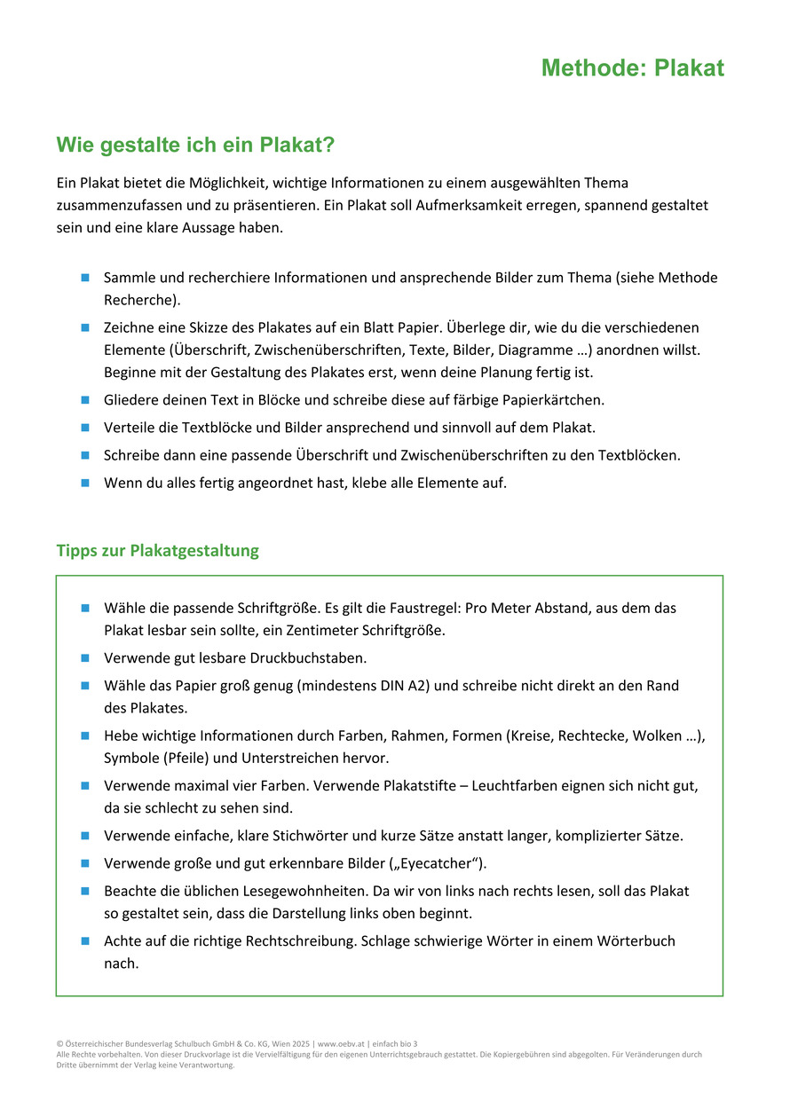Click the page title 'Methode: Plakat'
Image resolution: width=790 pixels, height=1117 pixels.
coord(632,68)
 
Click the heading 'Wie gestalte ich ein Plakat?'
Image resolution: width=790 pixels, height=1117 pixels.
coord(194,145)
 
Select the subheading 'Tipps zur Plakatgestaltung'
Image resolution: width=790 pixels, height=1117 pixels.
coord(157,550)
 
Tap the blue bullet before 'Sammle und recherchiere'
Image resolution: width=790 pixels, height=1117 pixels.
coord(85,278)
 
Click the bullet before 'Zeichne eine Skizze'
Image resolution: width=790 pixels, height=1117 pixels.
coord(85,327)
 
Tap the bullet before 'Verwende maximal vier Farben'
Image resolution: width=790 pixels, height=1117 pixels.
coord(85,786)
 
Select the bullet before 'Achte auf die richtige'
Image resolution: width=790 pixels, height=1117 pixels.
coord(85,940)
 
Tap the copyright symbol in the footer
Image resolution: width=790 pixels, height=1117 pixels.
coord(59,1044)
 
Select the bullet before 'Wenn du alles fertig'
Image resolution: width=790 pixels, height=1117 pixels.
coord(85,484)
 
